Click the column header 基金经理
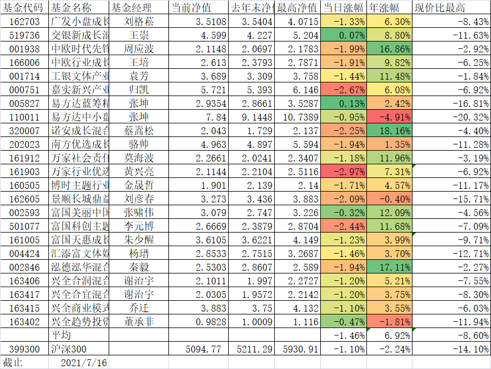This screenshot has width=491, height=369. tap(131, 8)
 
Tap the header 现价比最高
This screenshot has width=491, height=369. tap(440, 8)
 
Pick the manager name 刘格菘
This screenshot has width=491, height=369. tap(139, 22)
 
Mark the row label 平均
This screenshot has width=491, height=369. tap(61, 335)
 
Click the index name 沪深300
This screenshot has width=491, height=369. tap(69, 349)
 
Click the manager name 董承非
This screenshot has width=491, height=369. tap(139, 322)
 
